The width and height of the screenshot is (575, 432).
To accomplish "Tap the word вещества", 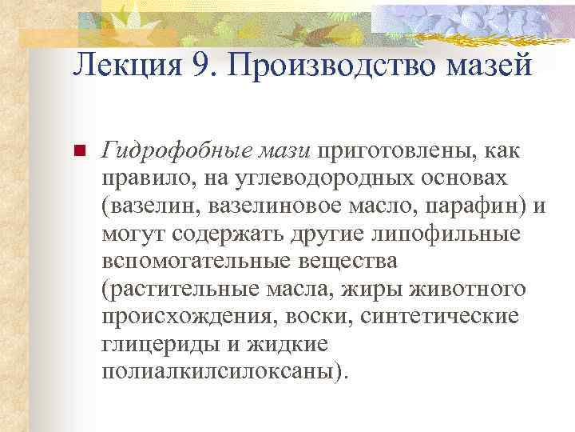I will (351, 262).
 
